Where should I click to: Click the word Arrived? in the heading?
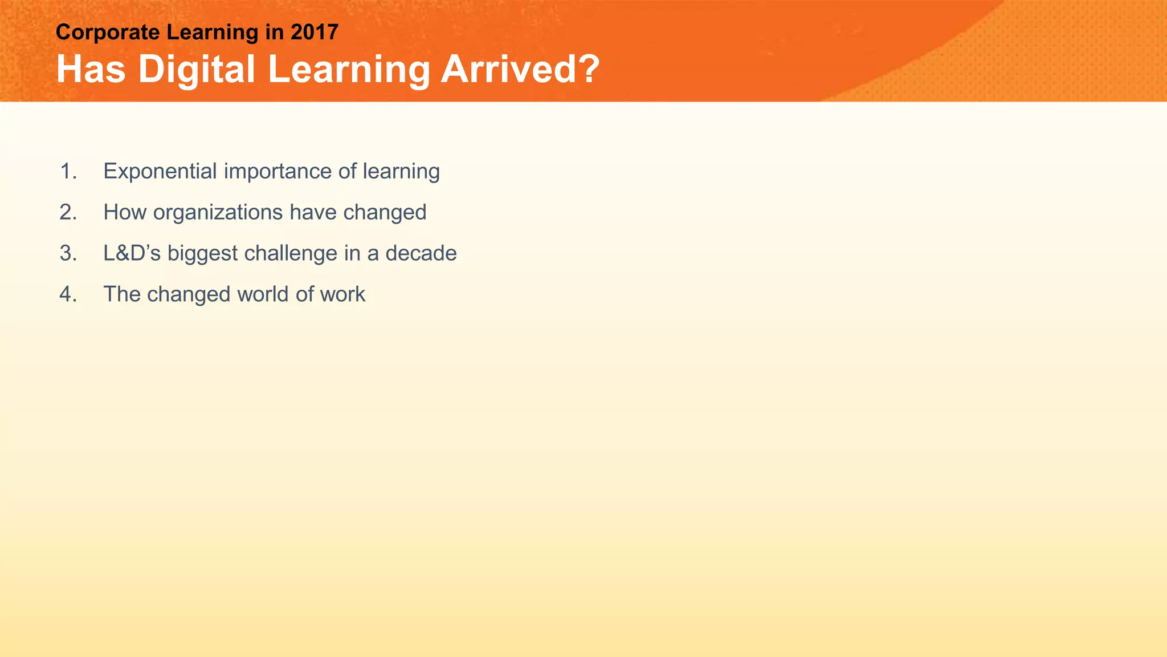click(520, 69)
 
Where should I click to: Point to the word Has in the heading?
click(91, 69)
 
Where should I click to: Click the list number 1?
click(68, 171)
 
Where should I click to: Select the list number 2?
click(68, 212)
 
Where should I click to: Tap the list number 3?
click(68, 253)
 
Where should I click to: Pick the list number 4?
click(68, 294)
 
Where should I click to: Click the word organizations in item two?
click(218, 213)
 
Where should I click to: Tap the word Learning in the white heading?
click(348, 70)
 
